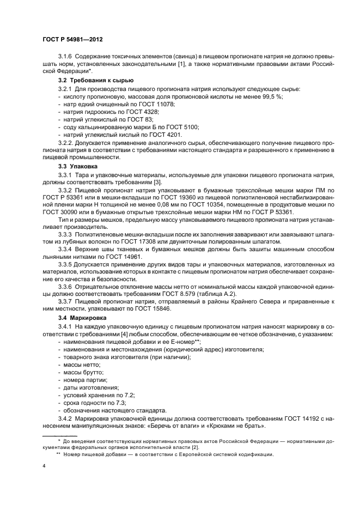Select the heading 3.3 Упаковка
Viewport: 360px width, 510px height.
(x=78, y=165)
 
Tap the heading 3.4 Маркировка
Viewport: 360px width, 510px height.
(x=82, y=317)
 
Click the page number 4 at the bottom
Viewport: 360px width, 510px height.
(x=44, y=466)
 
